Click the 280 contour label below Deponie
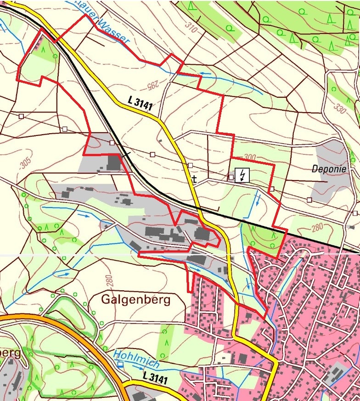pos(317,226)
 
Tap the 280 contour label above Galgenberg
pos(108,280)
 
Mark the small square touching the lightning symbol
pos(231,177)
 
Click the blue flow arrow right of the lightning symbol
pos(258,199)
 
